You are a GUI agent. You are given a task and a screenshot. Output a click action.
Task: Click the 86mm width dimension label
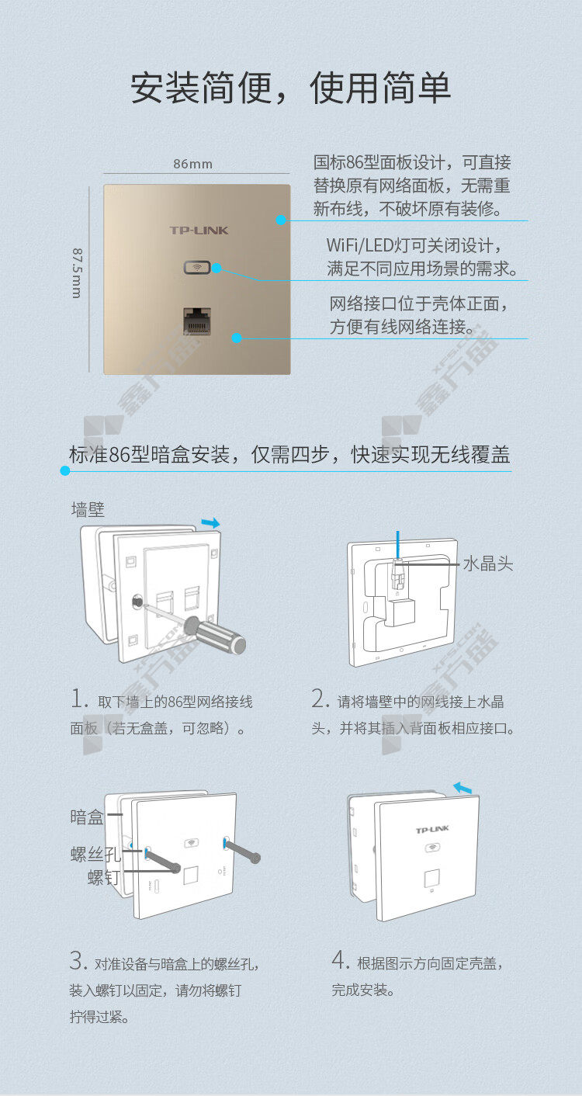(192, 164)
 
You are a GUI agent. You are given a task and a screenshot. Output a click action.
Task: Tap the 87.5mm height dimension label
(78, 273)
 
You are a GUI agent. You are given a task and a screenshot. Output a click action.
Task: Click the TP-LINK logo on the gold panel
(199, 231)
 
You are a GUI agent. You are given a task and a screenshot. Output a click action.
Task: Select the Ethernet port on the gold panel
(197, 321)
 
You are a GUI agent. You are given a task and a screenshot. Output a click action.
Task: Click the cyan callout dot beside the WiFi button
(217, 268)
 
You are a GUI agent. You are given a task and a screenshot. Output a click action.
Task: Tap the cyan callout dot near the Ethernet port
(237, 338)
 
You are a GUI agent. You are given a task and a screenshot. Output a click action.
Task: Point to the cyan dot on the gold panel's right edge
(281, 220)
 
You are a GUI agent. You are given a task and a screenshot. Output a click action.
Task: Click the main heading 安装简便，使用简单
(290, 88)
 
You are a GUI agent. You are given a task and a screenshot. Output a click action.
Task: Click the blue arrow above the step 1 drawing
(211, 522)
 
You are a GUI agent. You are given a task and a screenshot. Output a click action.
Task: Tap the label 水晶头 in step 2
(488, 564)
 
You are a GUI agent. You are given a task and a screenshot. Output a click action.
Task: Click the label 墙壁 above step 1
(88, 509)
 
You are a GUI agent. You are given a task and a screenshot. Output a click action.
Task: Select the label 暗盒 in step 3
(87, 817)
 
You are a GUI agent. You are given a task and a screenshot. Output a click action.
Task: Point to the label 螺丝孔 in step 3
(95, 855)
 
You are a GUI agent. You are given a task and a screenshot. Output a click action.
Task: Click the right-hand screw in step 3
(243, 851)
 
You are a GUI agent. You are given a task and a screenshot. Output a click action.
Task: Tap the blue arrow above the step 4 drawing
(462, 788)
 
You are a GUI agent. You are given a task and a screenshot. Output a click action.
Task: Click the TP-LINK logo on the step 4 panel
(432, 829)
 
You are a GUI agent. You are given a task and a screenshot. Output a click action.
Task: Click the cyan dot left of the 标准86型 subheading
(65, 470)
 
